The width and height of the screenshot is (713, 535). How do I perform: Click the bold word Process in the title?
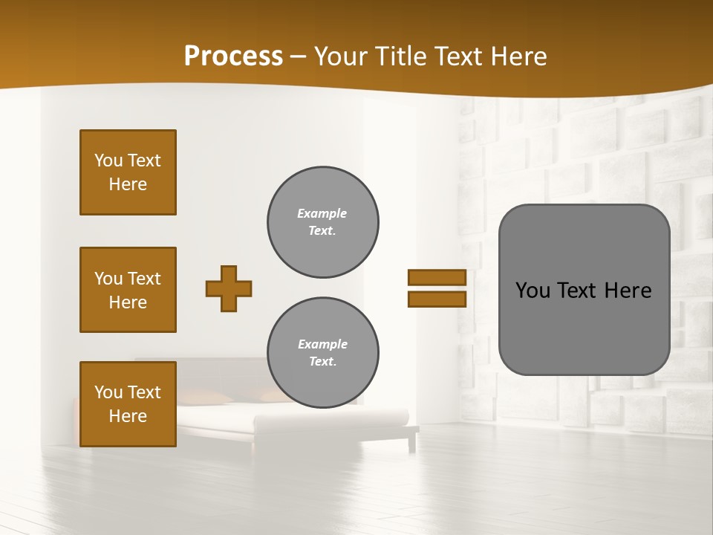point(233,56)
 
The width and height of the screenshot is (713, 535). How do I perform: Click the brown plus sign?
point(229,288)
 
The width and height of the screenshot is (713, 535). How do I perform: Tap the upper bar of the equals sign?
point(437,277)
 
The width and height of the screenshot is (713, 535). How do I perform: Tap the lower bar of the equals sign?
point(437,299)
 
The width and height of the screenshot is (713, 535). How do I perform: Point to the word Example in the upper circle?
point(322,213)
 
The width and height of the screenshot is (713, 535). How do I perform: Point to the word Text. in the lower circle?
point(322,361)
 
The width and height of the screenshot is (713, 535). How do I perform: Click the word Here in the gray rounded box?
point(628,291)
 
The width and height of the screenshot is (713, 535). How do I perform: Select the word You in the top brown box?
point(108,160)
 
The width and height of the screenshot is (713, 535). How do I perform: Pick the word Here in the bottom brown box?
point(128,416)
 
